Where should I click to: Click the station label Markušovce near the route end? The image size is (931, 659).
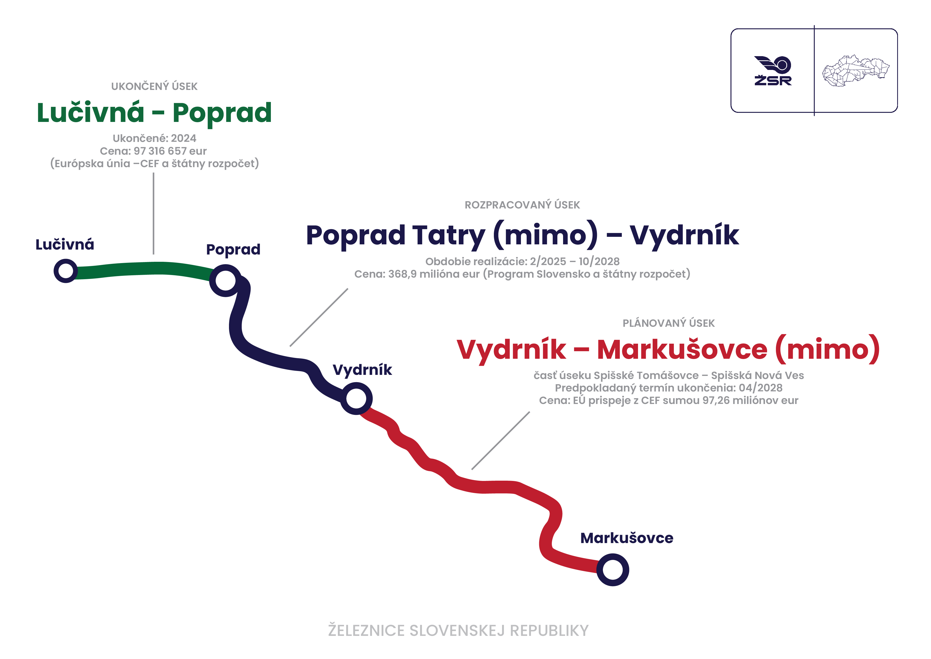tap(627, 538)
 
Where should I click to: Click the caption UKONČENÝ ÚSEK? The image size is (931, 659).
tap(154, 86)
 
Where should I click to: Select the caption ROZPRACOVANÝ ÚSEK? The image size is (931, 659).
tap(522, 205)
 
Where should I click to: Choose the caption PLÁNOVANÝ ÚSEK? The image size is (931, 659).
tap(669, 323)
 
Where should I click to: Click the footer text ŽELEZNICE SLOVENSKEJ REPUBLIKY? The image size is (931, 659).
tap(458, 631)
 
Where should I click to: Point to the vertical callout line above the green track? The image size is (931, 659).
tap(154, 213)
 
